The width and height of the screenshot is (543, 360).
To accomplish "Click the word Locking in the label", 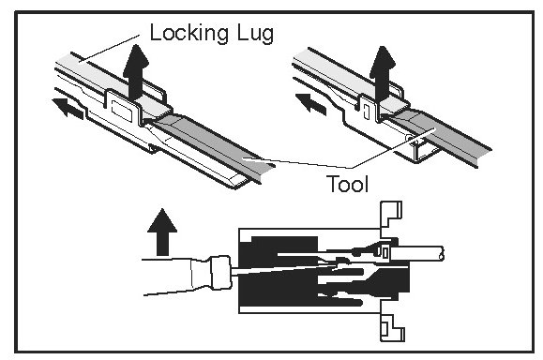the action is pyautogui.click(x=189, y=34).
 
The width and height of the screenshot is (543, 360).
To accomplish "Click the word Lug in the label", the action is pyautogui.click(x=256, y=34).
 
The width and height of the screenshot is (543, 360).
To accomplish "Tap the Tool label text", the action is pyautogui.click(x=347, y=184).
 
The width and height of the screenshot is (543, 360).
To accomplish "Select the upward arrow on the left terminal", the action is pyautogui.click(x=136, y=72).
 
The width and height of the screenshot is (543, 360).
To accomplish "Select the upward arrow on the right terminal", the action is pyautogui.click(x=383, y=73).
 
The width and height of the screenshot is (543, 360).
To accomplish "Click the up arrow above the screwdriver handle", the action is pyautogui.click(x=162, y=232).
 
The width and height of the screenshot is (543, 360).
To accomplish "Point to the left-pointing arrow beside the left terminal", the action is pyautogui.click(x=68, y=108).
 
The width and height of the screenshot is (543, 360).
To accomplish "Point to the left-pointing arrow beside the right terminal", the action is pyautogui.click(x=311, y=103).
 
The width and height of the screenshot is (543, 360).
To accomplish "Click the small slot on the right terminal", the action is pyautogui.click(x=366, y=112).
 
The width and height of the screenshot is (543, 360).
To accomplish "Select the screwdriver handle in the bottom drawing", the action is pyautogui.click(x=176, y=277).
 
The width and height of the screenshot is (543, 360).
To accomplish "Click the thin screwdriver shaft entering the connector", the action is pyautogui.click(x=284, y=270).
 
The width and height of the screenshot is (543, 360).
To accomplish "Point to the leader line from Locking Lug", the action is pyautogui.click(x=110, y=49).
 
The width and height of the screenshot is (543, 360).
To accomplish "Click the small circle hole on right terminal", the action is pyautogui.click(x=410, y=139).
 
